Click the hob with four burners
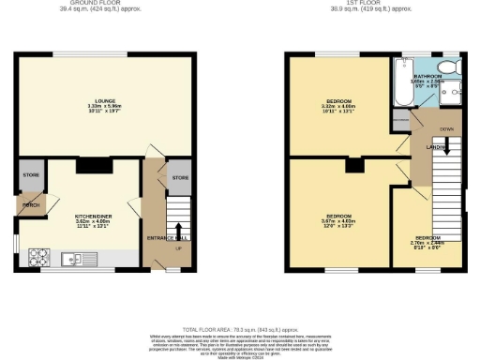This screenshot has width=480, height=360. click(x=42, y=255)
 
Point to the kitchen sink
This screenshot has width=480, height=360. click(x=70, y=257)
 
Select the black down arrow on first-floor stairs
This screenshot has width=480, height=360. click(x=446, y=146)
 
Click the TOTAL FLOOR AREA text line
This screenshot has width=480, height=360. click(x=240, y=329)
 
